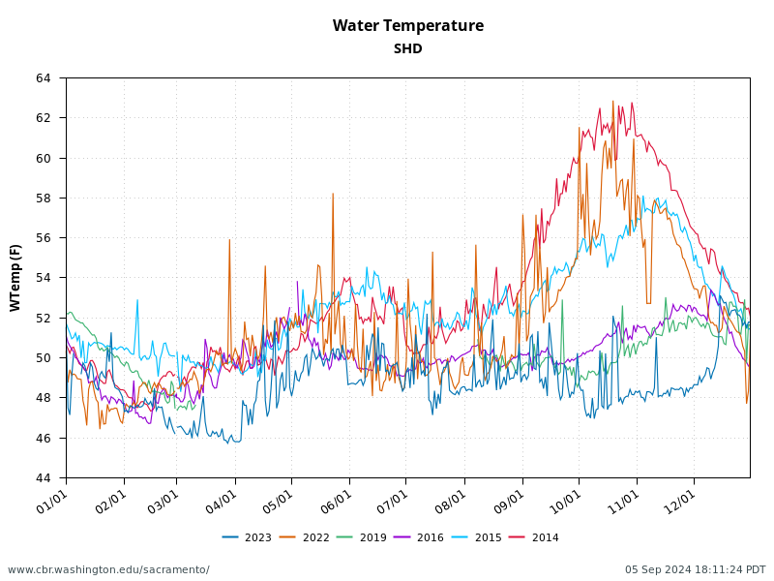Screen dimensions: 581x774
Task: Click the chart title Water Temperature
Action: click(x=407, y=26)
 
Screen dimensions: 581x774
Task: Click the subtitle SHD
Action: click(x=407, y=49)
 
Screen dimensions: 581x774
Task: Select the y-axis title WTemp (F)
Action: click(x=15, y=277)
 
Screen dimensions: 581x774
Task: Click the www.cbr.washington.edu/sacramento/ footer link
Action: click(x=108, y=569)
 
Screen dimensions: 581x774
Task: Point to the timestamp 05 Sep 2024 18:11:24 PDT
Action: click(x=695, y=569)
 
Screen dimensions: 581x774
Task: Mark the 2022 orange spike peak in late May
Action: click(x=333, y=194)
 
